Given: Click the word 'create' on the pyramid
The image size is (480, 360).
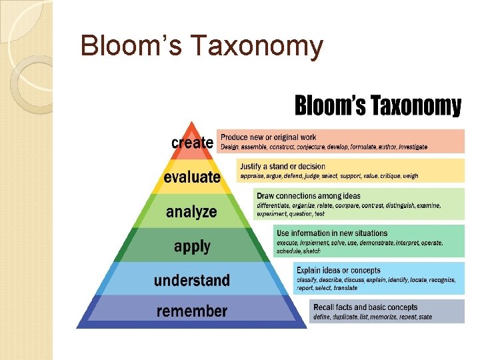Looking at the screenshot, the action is click(x=192, y=143).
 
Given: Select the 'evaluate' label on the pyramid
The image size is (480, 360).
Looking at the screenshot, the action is click(x=192, y=177).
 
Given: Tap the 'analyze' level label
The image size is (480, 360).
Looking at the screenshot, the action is click(x=191, y=212).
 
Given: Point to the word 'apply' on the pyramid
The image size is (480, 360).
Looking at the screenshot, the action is click(x=192, y=246).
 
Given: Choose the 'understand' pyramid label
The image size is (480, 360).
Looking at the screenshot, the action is click(x=192, y=280).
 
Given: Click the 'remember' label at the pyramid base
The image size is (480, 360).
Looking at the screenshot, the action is click(x=192, y=311).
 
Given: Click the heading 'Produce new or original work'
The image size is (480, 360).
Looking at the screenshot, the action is click(x=269, y=137).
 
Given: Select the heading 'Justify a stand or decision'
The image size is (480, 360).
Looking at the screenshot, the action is click(x=283, y=166).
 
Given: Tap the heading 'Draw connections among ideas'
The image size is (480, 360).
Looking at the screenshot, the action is click(x=309, y=196).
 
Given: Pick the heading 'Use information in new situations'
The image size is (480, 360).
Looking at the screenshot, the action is click(x=332, y=233).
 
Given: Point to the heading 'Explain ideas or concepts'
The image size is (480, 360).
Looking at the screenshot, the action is click(x=339, y=271).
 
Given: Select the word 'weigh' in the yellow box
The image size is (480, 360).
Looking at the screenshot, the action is click(x=411, y=176).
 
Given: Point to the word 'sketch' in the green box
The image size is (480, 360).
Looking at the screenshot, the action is click(x=311, y=251).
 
